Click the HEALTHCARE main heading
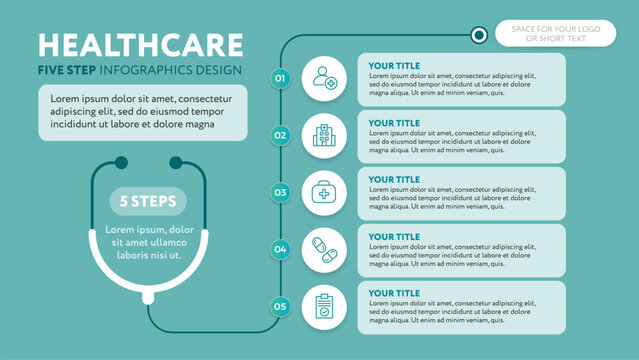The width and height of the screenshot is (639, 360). coord(140,46)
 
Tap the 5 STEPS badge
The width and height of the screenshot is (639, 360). coord(148,202)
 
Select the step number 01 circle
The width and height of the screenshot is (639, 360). coord(280,77)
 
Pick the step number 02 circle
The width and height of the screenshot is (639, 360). coord(280,134)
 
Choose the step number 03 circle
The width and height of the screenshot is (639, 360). coord(280,191)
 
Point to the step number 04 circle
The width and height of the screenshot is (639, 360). coord(280,248)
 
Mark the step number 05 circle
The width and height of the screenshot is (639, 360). coord(280,306)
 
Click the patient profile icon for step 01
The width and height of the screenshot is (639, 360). coord(324,77)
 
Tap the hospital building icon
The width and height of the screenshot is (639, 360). coord(324,134)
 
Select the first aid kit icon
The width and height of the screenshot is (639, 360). coord(324,191)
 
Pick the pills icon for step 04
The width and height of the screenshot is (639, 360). coord(324,248)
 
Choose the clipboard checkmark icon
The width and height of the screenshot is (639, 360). coord(324,306)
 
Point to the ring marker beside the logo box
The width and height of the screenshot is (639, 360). coord(479,35)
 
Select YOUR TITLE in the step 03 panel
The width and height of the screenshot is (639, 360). coord(394,179)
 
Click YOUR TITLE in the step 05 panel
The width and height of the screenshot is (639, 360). coord(394,293)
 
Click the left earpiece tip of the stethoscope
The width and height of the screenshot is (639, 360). coord(122,161)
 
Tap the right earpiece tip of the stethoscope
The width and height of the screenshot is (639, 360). coord(176,161)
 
